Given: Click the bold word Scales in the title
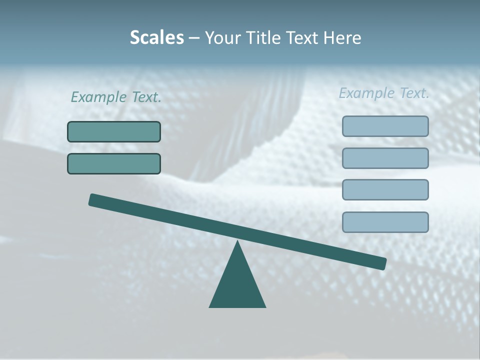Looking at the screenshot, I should tap(156, 37).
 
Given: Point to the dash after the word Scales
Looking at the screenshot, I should tap(194, 38).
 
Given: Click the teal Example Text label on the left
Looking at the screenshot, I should tap(116, 97).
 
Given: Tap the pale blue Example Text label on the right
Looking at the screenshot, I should tap(384, 93).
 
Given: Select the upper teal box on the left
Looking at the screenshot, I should tap(114, 132).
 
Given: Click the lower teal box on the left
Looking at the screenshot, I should tap(114, 163).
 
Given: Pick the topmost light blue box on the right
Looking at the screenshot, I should tap(385, 126).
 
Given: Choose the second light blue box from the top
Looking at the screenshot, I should tap(385, 158).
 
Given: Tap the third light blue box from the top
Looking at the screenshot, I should tap(385, 190).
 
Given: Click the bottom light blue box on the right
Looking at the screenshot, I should tap(385, 222).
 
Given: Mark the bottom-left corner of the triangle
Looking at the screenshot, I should tap(210, 306).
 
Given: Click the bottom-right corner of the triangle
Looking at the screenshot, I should tap(264, 306).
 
